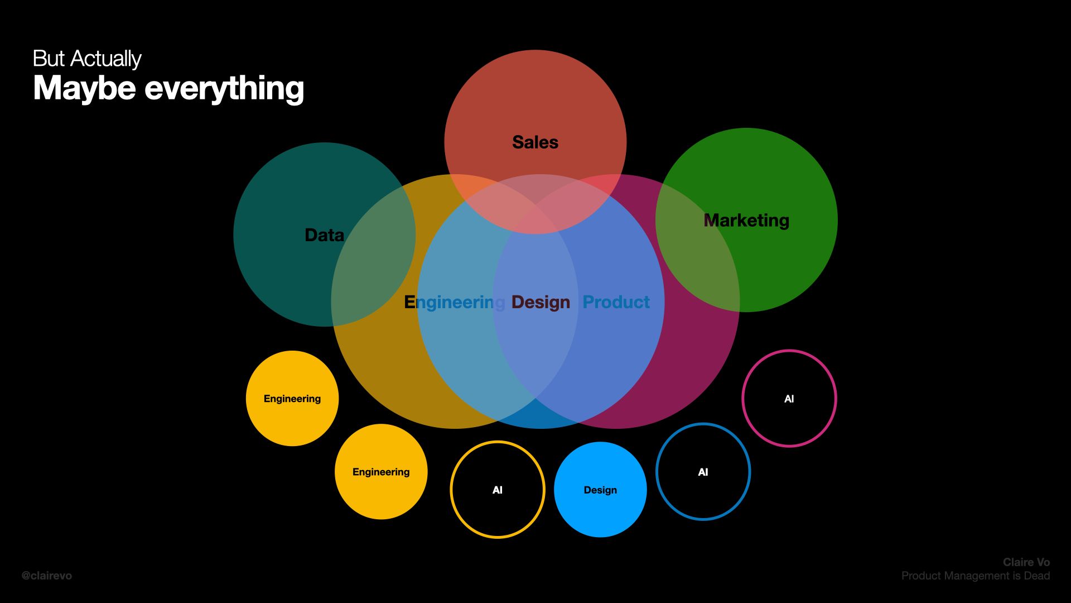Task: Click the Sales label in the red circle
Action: (535, 142)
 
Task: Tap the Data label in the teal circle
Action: (324, 235)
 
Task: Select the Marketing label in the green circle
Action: (746, 221)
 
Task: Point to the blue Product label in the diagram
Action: (616, 302)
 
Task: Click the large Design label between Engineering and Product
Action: (541, 302)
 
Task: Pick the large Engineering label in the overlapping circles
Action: (454, 302)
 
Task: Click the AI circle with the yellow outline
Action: (497, 490)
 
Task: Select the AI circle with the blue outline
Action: (703, 472)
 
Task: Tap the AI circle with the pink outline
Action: (789, 399)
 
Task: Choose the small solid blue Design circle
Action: (600, 490)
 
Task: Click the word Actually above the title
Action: (106, 59)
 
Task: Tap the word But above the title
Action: (49, 59)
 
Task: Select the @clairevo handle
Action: (47, 576)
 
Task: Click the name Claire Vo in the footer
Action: (1026, 562)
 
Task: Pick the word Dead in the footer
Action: (1036, 576)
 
